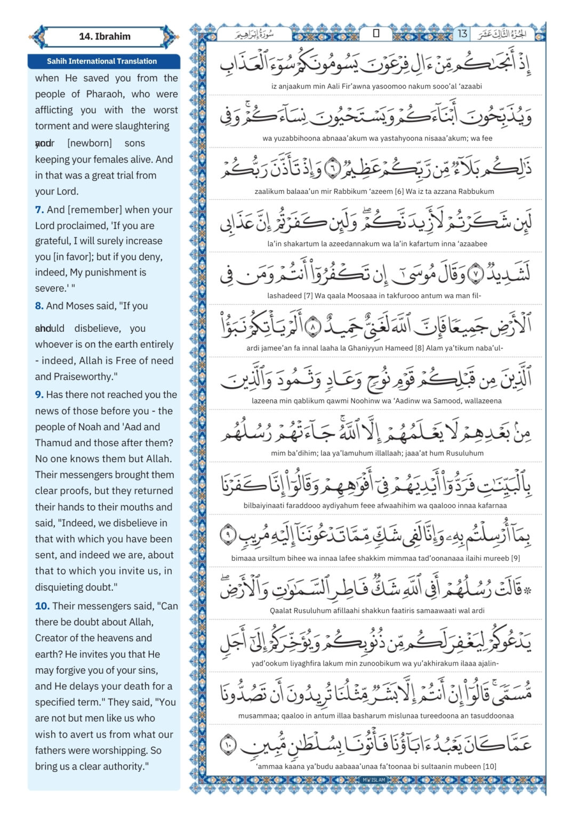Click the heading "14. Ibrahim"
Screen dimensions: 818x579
pos(104,37)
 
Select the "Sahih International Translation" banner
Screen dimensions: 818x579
pos(102,61)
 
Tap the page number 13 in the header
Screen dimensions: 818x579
pos(462,34)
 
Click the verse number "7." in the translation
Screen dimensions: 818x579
pos(39,210)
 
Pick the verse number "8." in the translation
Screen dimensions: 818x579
pos(39,306)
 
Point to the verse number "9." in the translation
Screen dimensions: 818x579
pos(39,395)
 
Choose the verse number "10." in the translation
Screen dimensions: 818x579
pos(42,606)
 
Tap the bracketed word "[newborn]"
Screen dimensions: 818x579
pos(90,143)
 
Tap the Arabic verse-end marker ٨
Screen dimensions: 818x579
pos(313,325)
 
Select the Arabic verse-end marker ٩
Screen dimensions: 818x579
pos(228,534)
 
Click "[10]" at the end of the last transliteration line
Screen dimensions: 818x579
pos(489,766)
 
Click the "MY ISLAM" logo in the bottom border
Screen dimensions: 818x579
pos(374,780)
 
